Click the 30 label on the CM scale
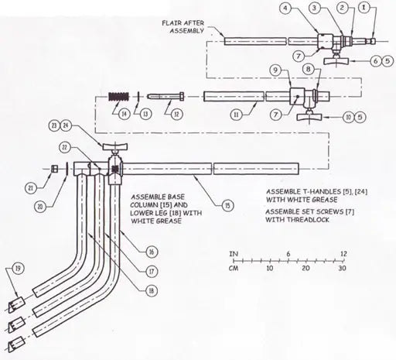[x=341, y=269]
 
